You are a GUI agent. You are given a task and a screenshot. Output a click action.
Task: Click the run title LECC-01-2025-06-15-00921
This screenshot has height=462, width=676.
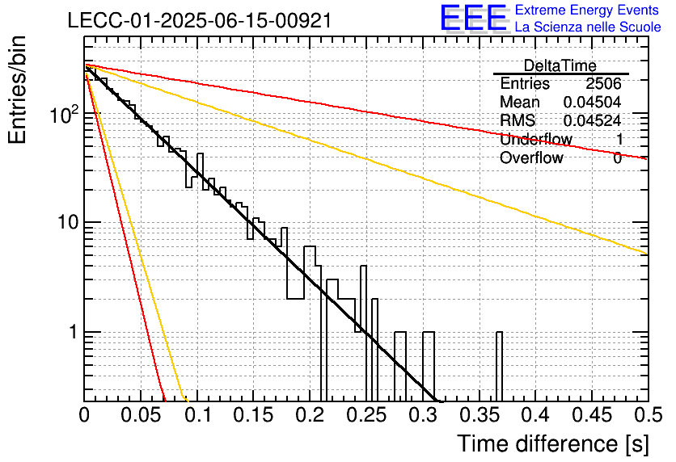(200, 20)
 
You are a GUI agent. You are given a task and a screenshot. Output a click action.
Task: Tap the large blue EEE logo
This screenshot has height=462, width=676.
(474, 18)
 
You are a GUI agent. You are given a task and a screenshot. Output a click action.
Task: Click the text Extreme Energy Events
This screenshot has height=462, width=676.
(587, 10)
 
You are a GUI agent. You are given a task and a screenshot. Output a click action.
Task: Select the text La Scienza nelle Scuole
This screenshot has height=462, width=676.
(588, 27)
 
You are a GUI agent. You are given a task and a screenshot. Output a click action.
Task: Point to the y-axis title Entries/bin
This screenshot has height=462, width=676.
(17, 90)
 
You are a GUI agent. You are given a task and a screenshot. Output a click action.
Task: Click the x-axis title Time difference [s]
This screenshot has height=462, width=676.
(553, 444)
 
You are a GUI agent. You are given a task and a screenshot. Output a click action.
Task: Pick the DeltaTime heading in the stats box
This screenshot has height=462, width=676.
(560, 65)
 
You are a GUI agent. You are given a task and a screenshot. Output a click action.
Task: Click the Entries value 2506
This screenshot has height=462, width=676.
(603, 83)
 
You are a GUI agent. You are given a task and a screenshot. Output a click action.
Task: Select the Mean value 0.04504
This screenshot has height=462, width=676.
(593, 102)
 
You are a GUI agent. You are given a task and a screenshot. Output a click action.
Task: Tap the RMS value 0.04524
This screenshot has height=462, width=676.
(593, 120)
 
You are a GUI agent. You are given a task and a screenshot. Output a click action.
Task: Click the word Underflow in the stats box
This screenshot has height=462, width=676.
(536, 139)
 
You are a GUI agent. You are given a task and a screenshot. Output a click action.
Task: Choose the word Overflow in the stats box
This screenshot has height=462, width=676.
(531, 157)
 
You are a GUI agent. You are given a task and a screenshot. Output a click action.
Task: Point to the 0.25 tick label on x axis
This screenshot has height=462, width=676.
(367, 415)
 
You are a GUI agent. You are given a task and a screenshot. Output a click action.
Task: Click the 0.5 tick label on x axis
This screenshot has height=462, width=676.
(648, 415)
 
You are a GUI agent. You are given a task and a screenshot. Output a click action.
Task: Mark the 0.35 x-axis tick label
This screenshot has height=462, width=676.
(480, 415)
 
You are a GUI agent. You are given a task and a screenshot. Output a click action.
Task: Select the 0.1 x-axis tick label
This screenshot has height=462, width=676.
(197, 415)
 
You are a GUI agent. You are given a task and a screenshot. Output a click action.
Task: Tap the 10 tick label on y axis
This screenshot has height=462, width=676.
(67, 223)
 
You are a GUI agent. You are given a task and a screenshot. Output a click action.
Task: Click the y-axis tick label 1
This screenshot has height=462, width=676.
(73, 333)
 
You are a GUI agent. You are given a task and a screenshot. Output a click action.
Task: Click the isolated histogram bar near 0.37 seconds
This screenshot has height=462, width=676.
(499, 367)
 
